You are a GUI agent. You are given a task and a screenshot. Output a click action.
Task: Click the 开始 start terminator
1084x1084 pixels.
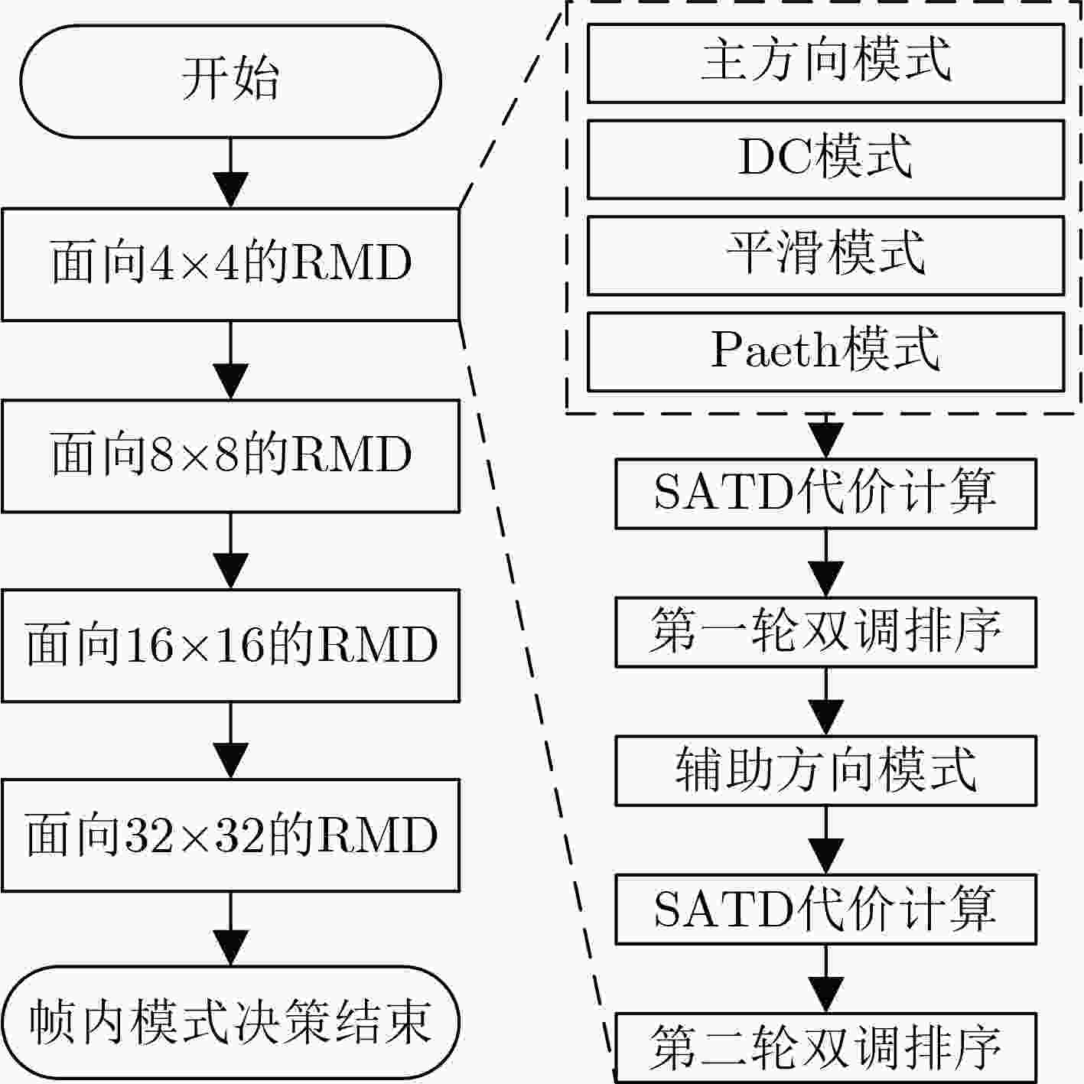pos(230,81)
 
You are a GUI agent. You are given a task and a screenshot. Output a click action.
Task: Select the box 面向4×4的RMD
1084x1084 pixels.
pos(230,265)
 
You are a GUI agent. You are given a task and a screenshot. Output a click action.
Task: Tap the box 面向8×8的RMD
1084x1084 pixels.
pos(230,456)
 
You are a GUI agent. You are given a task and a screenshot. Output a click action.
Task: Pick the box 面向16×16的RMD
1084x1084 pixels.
pos(230,645)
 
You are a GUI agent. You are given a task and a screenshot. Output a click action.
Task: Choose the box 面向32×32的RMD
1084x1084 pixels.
pos(230,835)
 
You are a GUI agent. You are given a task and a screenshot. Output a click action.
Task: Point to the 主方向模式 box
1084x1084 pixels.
pos(825,63)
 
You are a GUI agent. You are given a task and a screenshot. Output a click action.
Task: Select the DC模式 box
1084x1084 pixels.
pos(825,159)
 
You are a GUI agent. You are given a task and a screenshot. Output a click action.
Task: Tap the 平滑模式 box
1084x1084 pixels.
pos(825,256)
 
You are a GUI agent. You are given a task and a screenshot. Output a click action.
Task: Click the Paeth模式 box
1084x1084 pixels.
pos(825,352)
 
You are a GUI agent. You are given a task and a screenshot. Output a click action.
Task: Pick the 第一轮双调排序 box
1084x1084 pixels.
pos(825,633)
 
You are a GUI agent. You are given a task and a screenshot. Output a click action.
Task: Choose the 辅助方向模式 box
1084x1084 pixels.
pos(825,770)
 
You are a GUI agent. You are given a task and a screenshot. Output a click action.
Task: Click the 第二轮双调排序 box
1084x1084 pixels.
pos(825,1047)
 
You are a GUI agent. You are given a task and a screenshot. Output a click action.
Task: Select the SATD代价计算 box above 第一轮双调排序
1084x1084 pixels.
pos(825,493)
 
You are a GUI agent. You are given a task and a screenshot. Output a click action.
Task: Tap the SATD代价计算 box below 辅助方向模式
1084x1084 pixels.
pos(825,909)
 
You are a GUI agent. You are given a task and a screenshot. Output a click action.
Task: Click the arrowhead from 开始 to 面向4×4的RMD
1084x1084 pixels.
pos(230,190)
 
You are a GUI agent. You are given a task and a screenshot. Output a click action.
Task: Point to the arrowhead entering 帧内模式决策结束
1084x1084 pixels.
pos(230,948)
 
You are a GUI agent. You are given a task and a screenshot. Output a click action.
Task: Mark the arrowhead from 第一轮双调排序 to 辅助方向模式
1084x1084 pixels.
pos(825,718)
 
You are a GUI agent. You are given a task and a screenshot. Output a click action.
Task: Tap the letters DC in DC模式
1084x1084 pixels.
pos(777,157)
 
